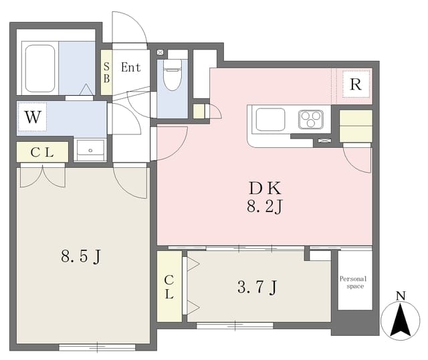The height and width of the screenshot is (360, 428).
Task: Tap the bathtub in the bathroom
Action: tap(40, 68)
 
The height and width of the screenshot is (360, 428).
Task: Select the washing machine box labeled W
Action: tap(33, 116)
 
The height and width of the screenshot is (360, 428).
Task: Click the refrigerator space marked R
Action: tap(356, 84)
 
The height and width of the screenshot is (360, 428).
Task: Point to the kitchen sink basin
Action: tap(270, 119)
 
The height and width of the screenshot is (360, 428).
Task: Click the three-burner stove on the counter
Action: tap(310, 119)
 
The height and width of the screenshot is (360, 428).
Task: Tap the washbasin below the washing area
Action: tap(90, 151)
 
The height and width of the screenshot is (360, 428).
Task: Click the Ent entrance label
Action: tap(131, 67)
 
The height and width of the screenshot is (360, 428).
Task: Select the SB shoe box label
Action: tap(106, 72)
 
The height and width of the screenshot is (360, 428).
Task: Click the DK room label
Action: tap(265, 188)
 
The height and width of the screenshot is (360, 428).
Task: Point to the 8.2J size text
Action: tap(265, 207)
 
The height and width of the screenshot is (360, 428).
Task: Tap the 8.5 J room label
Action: tap(81, 257)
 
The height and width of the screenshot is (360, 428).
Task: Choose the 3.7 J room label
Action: tap(257, 288)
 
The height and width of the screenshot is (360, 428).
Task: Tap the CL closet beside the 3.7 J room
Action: tap(169, 286)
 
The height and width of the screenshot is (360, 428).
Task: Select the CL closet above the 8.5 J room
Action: tap(42, 152)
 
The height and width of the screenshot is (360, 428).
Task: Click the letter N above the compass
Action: tap(401, 296)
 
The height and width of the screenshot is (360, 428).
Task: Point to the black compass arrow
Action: tap(401, 320)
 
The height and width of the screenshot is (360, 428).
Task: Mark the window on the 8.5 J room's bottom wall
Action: tap(97, 347)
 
